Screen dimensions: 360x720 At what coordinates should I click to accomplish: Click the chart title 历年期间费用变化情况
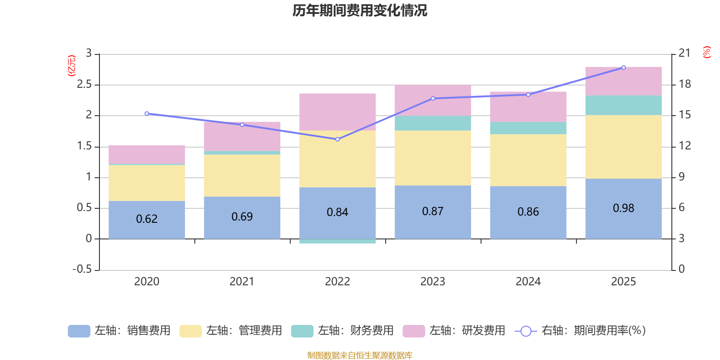360,10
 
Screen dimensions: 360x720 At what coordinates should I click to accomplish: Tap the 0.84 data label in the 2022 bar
337,212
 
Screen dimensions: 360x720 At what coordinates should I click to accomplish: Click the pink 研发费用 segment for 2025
623,81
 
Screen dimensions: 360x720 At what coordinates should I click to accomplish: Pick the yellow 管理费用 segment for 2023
432,157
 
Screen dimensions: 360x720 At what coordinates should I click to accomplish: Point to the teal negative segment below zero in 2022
337,242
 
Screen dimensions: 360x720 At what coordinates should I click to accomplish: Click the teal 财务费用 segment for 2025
623,105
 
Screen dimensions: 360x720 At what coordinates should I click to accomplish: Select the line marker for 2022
337,139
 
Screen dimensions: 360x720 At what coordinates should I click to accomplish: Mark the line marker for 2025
623,67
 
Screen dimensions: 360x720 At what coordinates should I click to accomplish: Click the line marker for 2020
147,113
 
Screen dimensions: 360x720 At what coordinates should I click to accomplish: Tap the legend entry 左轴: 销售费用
119,331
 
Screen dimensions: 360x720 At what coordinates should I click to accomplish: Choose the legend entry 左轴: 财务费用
342,331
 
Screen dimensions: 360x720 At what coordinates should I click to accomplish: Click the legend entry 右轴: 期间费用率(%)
580,331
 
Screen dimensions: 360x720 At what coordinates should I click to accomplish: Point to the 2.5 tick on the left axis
84,85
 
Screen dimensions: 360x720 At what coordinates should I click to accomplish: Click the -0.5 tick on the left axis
82,269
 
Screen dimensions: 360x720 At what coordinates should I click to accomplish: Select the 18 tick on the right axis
684,84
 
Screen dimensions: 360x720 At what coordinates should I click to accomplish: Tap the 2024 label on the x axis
528,282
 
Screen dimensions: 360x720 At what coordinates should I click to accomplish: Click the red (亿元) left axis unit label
72,66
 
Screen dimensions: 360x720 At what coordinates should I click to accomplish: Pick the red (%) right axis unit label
706,52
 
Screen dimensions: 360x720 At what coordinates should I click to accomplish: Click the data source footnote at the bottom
360,355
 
